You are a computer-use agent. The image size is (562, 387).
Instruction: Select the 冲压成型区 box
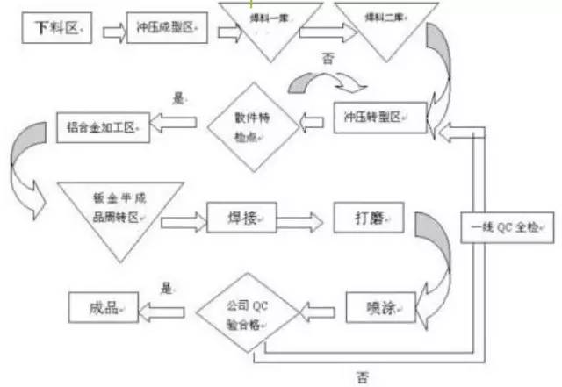coord(167,30)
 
